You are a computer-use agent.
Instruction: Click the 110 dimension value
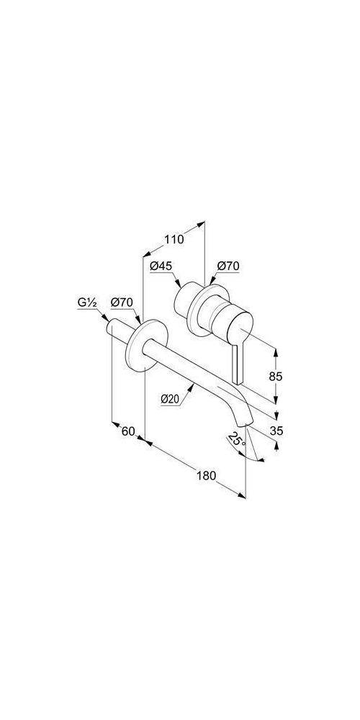pyautogui.click(x=174, y=239)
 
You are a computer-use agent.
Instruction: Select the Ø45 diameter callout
pyautogui.click(x=161, y=266)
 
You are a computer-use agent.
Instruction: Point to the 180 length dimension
pyautogui.click(x=206, y=475)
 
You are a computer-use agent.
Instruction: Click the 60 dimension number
pyautogui.click(x=128, y=431)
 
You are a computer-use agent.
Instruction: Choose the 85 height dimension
pyautogui.click(x=276, y=377)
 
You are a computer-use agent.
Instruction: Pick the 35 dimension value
pyautogui.click(x=276, y=431)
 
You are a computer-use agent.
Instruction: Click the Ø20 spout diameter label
pyautogui.click(x=170, y=400)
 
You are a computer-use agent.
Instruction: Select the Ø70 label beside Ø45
pyautogui.click(x=228, y=266)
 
